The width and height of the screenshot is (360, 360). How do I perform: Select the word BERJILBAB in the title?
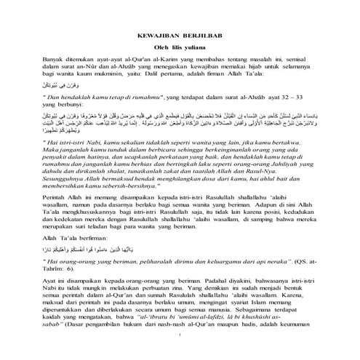pyautogui.click(x=201, y=34)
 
